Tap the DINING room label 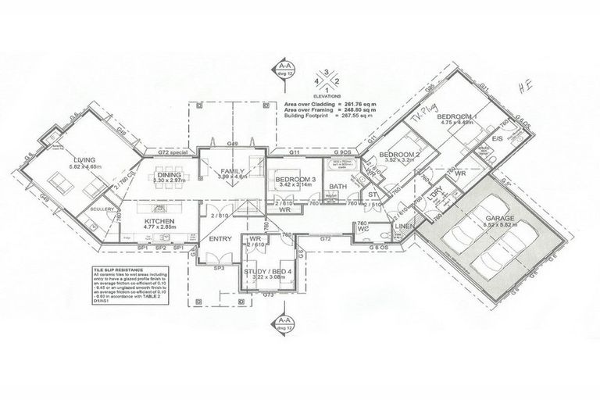pyautogui.click(x=169, y=174)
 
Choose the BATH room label pyautogui.click(x=337, y=187)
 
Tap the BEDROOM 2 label pyautogui.click(x=395, y=155)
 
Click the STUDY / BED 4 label pyautogui.click(x=268, y=270)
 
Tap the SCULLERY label pyautogui.click(x=102, y=209)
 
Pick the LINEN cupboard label pyautogui.click(x=404, y=226)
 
